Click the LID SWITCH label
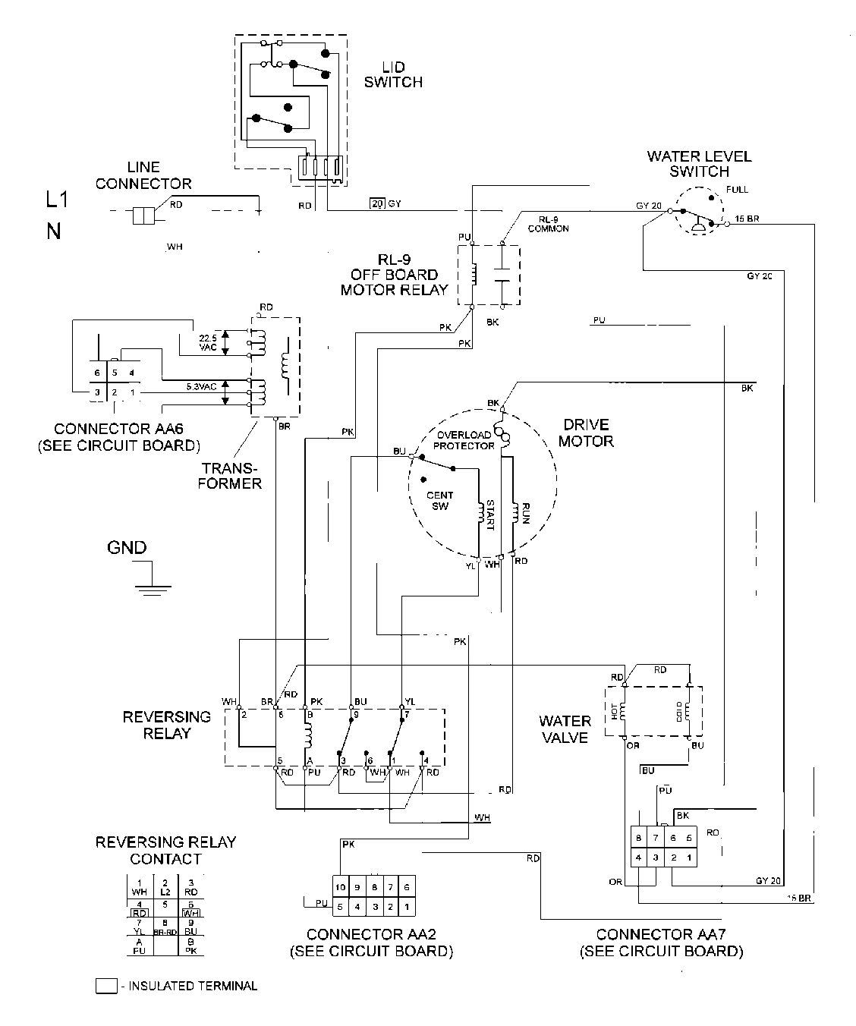tap(393, 74)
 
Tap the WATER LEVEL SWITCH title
tap(699, 164)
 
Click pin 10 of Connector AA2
tap(341, 887)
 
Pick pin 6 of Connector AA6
tap(97, 373)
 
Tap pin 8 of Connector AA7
tap(639, 838)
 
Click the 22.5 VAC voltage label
tap(207, 342)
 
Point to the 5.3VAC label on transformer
tap(202, 386)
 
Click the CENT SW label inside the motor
tap(440, 501)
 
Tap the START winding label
tap(489, 515)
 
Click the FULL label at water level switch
tap(736, 189)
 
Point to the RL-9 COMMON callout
tap(548, 224)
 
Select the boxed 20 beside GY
tap(377, 203)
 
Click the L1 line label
tap(57, 200)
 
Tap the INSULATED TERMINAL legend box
tap(106, 987)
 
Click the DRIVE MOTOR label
tap(586, 433)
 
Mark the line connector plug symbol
tap(143, 216)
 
